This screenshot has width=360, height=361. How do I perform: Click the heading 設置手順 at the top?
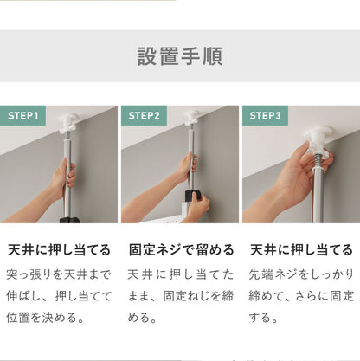click(180, 57)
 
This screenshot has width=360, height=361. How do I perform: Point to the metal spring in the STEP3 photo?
click(320, 162)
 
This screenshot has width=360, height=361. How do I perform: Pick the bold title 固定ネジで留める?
click(180, 250)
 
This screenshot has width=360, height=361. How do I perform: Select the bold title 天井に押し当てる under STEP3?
click(301, 250)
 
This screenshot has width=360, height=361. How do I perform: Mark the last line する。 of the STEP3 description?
click(267, 318)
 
